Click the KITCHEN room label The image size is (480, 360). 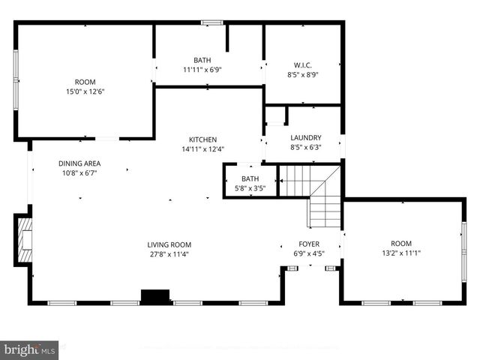click(202, 139)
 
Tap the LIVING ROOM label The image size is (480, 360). click(169, 244)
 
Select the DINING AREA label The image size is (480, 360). click(79, 163)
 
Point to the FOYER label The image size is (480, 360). click(309, 244)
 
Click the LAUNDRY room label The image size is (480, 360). click(306, 138)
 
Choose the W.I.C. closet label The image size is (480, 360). click(303, 65)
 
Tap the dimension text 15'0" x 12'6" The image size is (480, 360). click(85, 91)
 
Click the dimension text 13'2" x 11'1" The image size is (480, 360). click(401, 253)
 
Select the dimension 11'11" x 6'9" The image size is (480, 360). click(202, 70)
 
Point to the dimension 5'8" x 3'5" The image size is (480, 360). click(250, 188)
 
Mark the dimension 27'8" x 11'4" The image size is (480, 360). click(169, 253)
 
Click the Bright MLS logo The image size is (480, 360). click(30, 349)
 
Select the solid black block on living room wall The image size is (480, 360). click(156, 297)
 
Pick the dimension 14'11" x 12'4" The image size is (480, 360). click(202, 148)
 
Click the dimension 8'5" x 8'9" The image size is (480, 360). click(303, 74)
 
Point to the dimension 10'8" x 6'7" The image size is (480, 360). click(79, 172)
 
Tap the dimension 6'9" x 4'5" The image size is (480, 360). click(309, 253)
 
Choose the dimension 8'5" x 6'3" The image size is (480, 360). click(306, 147)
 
